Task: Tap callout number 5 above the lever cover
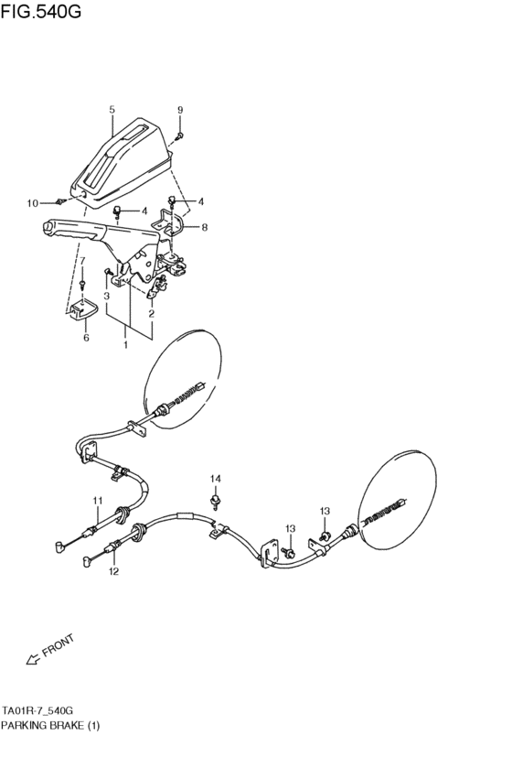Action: click(x=112, y=110)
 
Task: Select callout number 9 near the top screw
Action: click(x=180, y=111)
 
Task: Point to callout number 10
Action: click(x=32, y=202)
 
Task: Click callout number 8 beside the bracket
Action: click(x=205, y=227)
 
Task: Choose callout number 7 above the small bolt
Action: click(x=81, y=262)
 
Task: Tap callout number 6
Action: click(x=86, y=337)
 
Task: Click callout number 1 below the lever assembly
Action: click(x=127, y=346)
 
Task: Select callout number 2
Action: click(x=151, y=314)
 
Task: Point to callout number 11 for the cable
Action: click(x=96, y=500)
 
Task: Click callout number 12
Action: click(x=113, y=573)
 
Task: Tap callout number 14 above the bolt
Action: click(x=216, y=479)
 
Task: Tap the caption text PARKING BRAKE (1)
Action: click(x=50, y=725)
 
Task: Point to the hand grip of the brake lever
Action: click(x=69, y=230)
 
